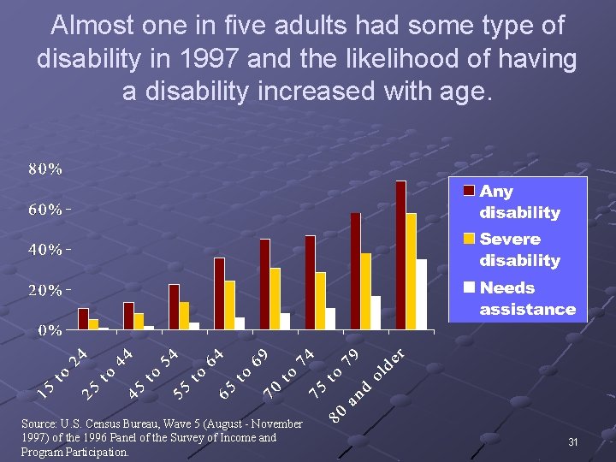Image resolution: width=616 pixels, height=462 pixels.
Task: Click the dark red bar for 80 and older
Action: click(x=400, y=255)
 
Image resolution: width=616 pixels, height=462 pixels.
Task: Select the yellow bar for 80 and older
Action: click(x=411, y=271)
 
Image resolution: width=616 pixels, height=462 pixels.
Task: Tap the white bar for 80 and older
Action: click(x=421, y=294)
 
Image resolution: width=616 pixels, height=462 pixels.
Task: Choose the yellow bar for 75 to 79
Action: click(x=365, y=291)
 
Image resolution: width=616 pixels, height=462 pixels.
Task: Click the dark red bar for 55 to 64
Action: click(x=219, y=293)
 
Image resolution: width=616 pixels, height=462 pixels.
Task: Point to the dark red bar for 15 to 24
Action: click(x=83, y=318)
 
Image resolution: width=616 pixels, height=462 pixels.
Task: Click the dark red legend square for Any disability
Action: click(x=469, y=191)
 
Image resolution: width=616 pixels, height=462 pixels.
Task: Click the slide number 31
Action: click(x=572, y=441)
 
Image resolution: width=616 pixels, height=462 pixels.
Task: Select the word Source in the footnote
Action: click(x=36, y=423)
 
